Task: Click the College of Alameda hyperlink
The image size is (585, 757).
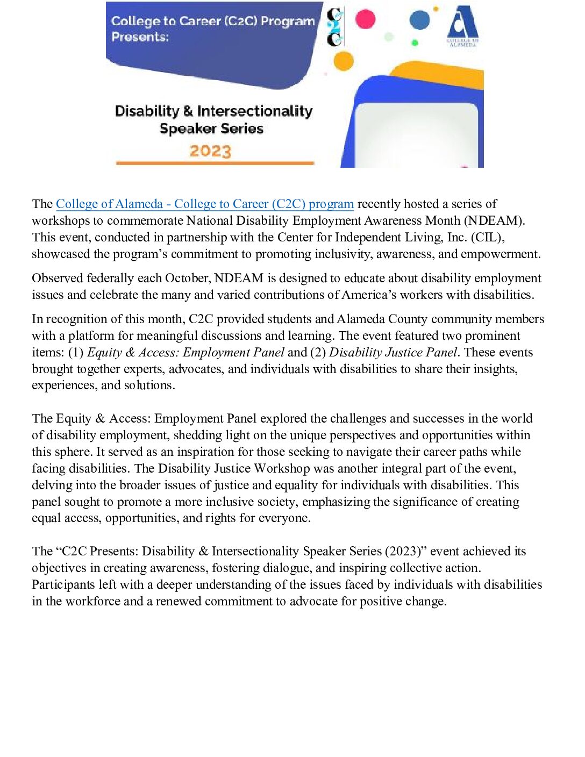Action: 204,204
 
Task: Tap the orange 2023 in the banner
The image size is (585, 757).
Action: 210,151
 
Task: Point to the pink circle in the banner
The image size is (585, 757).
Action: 365,19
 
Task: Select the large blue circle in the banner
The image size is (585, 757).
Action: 420,20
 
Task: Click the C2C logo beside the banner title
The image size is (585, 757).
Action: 335,27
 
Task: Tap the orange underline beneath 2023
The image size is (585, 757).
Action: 215,163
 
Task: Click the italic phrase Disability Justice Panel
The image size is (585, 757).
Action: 393,353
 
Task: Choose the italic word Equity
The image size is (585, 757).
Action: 104,353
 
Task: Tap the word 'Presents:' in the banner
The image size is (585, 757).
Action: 140,37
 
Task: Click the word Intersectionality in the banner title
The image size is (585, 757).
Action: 254,111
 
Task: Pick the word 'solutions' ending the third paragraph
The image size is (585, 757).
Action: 148,385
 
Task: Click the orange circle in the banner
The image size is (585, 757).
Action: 343,61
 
